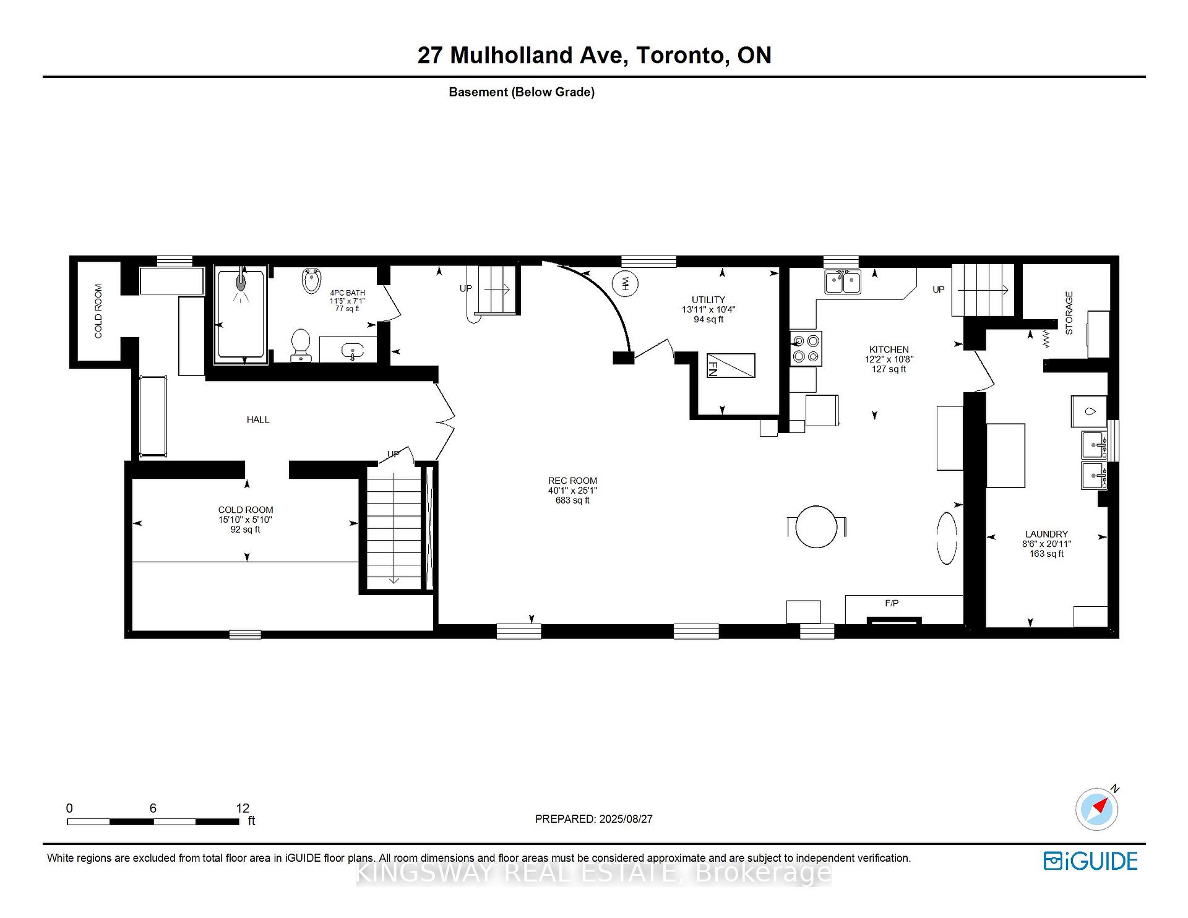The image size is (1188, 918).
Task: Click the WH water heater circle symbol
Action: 625,284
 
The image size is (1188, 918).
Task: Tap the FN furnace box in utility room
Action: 731,365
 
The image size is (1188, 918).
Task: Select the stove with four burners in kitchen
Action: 806,348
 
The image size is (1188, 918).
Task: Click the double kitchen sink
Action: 843,282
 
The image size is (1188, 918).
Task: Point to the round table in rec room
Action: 816,526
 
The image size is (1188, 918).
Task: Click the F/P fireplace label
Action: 892,603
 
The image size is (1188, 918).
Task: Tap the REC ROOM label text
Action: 572,481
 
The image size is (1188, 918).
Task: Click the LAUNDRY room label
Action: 1046,534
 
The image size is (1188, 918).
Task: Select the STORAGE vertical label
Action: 1069,313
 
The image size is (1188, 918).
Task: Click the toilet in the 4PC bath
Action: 301,344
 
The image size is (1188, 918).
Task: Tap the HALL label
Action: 258,420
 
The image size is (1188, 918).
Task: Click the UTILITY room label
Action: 708,300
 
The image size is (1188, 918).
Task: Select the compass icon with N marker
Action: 1097,809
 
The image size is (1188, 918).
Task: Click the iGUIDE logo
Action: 1090,861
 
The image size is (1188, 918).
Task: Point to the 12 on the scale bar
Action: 243,808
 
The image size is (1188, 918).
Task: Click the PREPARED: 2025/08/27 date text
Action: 593,819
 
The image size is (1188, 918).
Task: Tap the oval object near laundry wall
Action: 947,538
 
